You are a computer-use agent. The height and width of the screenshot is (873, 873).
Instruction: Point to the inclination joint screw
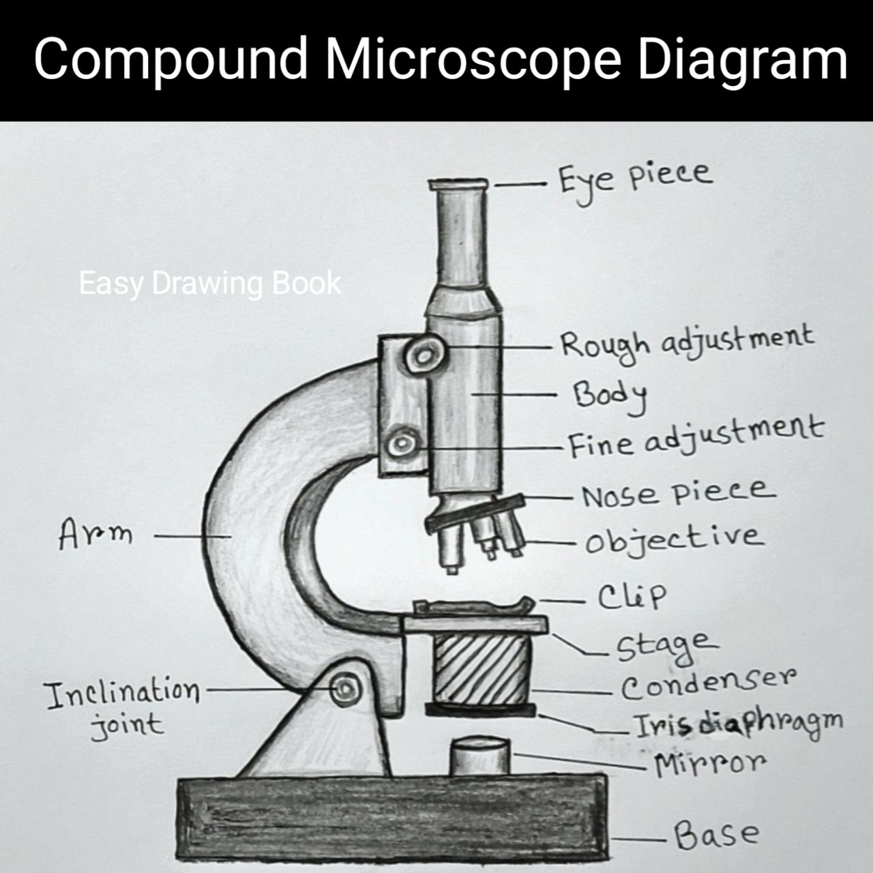point(346,689)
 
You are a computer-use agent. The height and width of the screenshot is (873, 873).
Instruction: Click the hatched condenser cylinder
point(482,668)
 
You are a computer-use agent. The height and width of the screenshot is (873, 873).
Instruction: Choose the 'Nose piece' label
point(678,493)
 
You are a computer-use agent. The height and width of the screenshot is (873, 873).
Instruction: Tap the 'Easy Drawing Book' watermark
point(210,284)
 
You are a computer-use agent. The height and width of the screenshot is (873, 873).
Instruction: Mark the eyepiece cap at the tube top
point(458,184)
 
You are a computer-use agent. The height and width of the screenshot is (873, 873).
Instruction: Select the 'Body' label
point(609,396)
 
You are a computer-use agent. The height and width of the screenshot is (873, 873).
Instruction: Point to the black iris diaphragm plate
point(480,710)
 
